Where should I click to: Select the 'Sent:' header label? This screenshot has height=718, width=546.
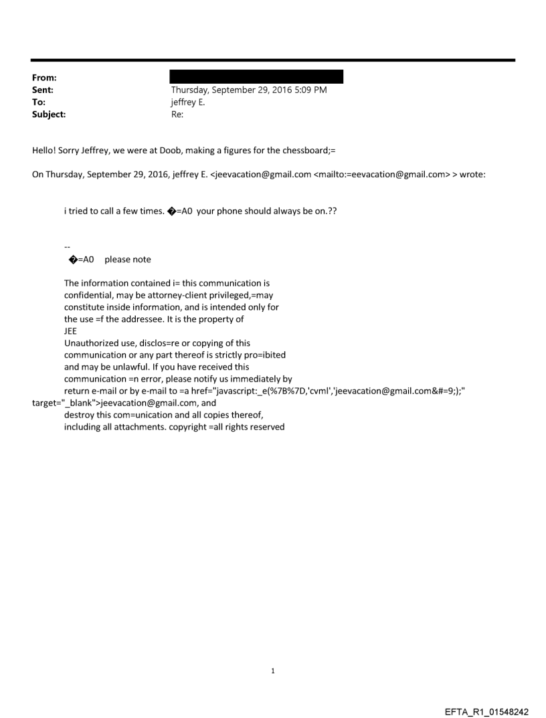tap(43, 90)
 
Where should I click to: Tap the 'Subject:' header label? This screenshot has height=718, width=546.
tap(49, 114)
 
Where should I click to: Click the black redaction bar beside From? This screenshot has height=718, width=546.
tap(257, 76)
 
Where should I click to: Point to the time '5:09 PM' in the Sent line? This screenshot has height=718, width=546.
tap(310, 90)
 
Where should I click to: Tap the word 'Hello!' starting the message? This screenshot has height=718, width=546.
tap(45, 151)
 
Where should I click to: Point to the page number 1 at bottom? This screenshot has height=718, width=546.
tap(273, 671)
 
